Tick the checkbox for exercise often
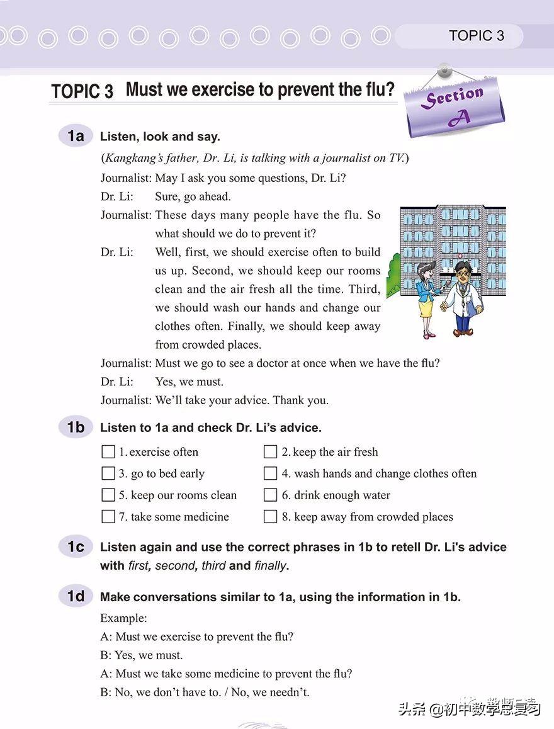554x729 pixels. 108,452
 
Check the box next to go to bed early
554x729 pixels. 108,473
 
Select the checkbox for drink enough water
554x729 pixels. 271,495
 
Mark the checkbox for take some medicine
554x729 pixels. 108,517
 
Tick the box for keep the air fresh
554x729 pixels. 271,452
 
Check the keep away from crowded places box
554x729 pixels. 271,517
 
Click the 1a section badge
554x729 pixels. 76,136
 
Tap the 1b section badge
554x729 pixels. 76,427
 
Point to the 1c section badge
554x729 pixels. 76,547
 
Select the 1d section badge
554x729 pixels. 76,596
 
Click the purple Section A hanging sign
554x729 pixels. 455,106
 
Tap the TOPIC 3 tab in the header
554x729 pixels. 477,36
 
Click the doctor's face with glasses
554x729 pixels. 461,274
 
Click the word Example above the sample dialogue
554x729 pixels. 123,618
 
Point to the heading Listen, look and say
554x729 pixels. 160,137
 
